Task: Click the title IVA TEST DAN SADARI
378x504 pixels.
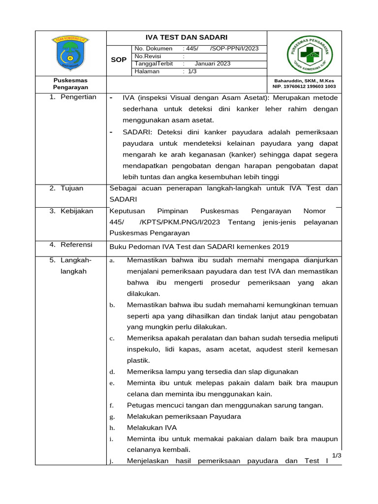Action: pos(187,37)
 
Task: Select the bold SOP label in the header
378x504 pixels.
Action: pos(119,60)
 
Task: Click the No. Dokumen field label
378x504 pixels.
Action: pos(154,49)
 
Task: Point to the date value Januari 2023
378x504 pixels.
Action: pos(213,63)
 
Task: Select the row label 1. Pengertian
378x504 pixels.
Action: pos(73,97)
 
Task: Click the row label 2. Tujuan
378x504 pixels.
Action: pos(66,188)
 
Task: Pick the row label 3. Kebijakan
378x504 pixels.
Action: pos(71,211)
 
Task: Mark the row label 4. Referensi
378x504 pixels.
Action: pos(71,245)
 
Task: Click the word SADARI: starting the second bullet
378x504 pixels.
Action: pos(137,132)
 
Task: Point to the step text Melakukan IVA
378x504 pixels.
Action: pos(152,427)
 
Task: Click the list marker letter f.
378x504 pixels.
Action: pos(112,406)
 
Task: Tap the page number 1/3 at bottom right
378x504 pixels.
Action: pos(337,456)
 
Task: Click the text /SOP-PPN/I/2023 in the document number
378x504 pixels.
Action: pos(234,49)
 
